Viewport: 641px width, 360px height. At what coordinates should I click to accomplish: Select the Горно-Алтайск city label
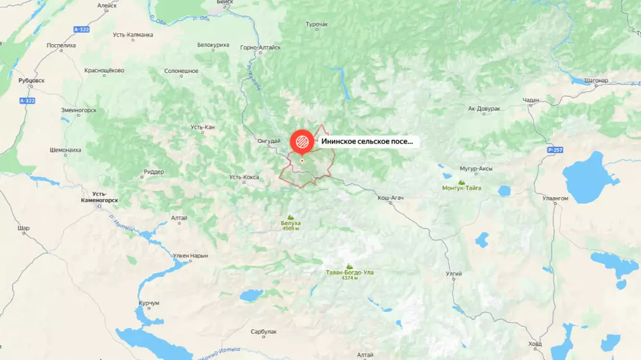pyautogui.click(x=260, y=47)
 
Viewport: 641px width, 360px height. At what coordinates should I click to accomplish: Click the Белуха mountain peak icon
pyautogui.click(x=290, y=217)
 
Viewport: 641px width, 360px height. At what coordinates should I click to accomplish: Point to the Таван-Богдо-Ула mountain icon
pyautogui.click(x=349, y=266)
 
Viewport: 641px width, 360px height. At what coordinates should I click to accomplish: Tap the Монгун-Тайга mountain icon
pyautogui.click(x=462, y=182)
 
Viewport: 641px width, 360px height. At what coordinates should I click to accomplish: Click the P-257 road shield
pyautogui.click(x=555, y=149)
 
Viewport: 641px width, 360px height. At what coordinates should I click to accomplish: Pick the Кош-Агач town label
pyautogui.click(x=390, y=199)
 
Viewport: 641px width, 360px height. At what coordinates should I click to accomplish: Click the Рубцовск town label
pyautogui.click(x=31, y=81)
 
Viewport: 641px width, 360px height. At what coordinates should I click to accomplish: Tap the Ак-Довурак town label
pyautogui.click(x=484, y=109)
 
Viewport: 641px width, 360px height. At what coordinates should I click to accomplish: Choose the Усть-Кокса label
pyautogui.click(x=244, y=177)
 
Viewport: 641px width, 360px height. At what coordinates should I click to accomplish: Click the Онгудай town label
pyautogui.click(x=269, y=141)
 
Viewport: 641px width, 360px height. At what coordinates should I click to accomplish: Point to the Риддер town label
pyautogui.click(x=154, y=172)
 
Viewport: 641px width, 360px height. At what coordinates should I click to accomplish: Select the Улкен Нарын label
pyautogui.click(x=190, y=256)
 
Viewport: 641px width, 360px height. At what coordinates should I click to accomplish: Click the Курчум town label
pyautogui.click(x=148, y=302)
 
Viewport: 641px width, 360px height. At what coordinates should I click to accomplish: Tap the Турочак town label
pyautogui.click(x=317, y=25)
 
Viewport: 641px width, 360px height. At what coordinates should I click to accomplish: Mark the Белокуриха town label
pyautogui.click(x=213, y=45)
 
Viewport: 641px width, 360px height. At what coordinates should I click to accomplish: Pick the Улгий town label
pyautogui.click(x=453, y=274)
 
